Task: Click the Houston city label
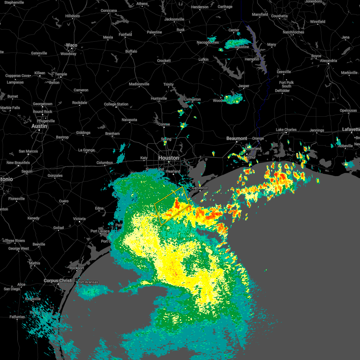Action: point(168,158)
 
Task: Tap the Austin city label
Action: point(39,126)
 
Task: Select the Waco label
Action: point(71,45)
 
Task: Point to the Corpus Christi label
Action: point(58,280)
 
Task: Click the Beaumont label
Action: point(237,138)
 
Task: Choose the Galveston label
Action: point(200,188)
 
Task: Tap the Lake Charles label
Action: point(286,130)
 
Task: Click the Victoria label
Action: point(79,219)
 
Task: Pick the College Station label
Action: point(116,104)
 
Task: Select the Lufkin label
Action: point(203,59)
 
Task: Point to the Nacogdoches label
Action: point(208,42)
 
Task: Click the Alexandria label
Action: point(328,61)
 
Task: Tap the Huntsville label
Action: point(159,98)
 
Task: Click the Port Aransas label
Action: point(88,282)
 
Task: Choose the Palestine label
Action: point(154,32)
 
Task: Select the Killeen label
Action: point(40,73)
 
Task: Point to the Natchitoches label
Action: point(293,32)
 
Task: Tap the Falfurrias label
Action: point(17,317)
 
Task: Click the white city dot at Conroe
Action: point(164,127)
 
